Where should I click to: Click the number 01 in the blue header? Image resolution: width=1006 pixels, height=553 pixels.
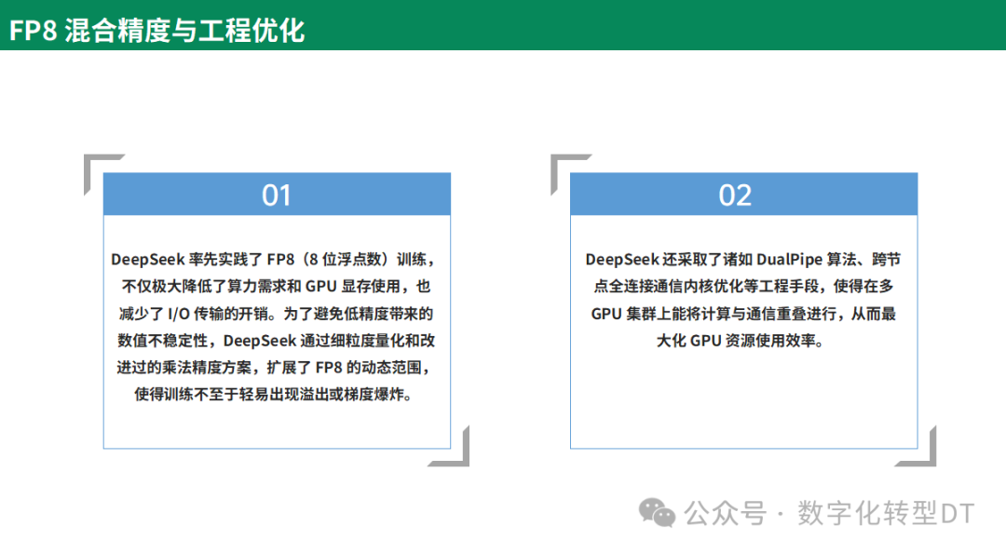(x=277, y=196)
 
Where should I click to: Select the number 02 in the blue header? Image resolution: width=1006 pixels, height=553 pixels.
(x=735, y=196)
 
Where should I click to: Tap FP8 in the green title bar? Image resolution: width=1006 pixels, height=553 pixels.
(x=34, y=30)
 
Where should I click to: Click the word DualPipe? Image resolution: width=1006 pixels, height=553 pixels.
(x=796, y=258)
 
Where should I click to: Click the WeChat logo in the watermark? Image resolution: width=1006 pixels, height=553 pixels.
(x=658, y=512)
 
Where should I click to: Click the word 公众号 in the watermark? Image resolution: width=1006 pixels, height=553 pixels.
(x=725, y=513)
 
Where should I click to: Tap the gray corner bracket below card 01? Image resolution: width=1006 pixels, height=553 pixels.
(x=455, y=452)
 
